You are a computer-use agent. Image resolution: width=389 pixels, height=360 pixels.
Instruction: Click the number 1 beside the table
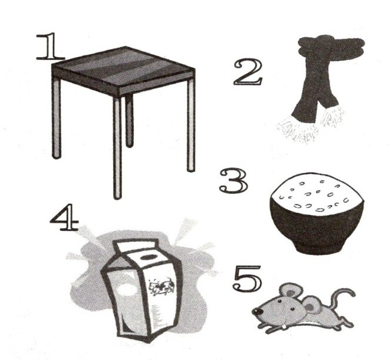tap(50, 47)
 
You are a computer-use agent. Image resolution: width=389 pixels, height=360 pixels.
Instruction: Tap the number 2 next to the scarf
tap(248, 72)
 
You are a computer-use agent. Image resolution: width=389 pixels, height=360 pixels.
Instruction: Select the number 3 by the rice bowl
tap(233, 181)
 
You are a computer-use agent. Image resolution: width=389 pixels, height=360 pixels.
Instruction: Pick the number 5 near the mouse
tap(247, 278)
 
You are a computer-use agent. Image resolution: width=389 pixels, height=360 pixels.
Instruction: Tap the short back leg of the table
tap(129, 121)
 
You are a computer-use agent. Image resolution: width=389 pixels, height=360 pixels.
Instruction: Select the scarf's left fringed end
tap(297, 130)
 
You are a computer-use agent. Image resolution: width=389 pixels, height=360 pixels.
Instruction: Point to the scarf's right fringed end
tap(332, 117)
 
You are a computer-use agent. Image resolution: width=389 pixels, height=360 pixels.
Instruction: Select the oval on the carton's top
tap(149, 257)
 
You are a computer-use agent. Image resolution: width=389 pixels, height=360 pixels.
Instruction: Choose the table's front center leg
tap(117, 148)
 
